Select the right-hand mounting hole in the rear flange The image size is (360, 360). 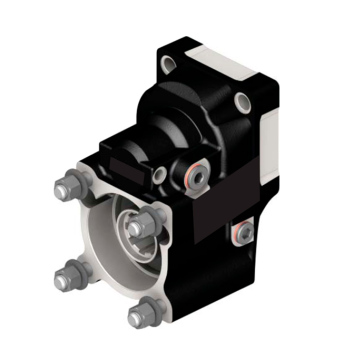[243, 100]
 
